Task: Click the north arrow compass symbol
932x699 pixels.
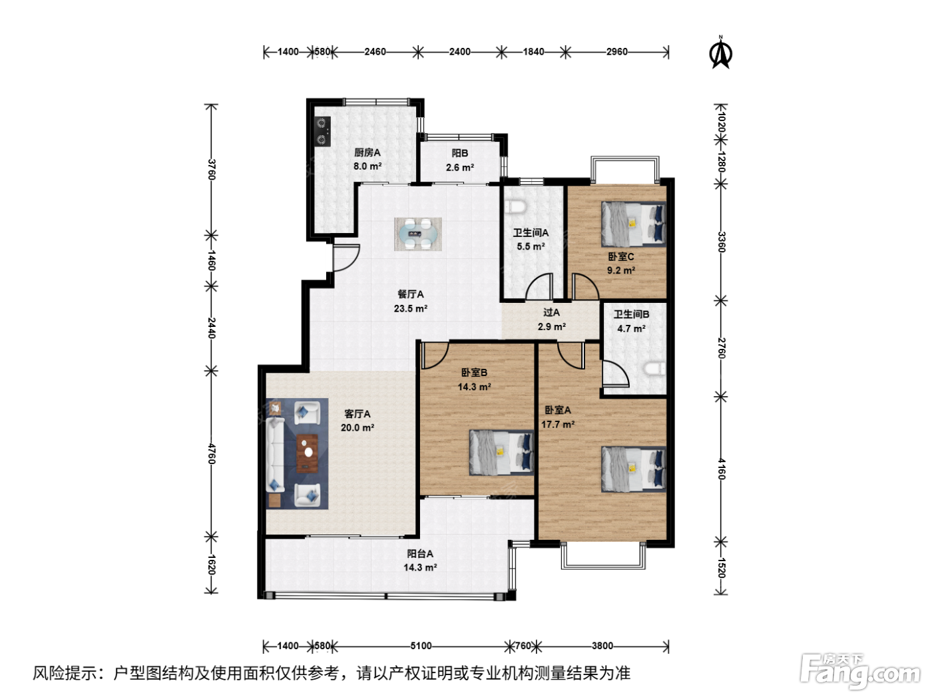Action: (720, 53)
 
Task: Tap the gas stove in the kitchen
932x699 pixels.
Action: (322, 131)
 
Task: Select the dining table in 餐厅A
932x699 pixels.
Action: (418, 234)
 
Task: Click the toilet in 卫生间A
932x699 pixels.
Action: (517, 206)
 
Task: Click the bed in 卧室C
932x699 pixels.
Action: (632, 224)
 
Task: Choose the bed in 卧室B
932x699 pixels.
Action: (501, 453)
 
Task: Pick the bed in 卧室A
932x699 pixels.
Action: (633, 469)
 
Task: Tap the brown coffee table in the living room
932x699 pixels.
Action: (308, 453)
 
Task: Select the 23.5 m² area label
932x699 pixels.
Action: (410, 308)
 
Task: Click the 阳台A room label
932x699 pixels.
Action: (420, 553)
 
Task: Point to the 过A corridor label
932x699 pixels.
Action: (551, 312)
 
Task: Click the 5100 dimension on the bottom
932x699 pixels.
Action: (421, 646)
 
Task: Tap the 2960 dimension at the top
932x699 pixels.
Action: (616, 51)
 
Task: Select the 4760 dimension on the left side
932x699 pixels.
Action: (212, 454)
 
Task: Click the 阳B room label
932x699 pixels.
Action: (459, 153)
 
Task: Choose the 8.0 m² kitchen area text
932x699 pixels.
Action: (367, 166)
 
